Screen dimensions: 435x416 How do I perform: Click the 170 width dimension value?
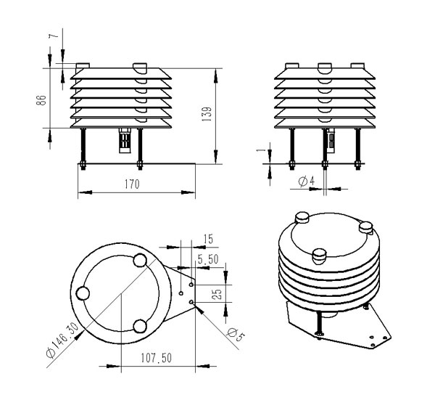pos(132,184)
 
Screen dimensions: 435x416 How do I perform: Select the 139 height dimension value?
pos(207,114)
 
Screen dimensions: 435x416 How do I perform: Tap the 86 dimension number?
pos(41,100)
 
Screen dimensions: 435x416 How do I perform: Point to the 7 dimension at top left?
pos(54,36)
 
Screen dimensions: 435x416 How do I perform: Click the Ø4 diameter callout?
pos(307,182)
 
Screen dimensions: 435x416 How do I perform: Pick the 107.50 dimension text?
pos(156,358)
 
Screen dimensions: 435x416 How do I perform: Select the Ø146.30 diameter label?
pos(62,341)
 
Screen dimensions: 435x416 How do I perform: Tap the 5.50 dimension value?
pos(208,259)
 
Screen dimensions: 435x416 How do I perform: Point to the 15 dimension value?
pos(208,240)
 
